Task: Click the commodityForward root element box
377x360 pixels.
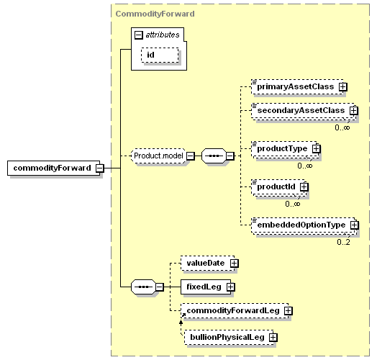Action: click(53, 168)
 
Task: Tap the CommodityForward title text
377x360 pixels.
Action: click(155, 14)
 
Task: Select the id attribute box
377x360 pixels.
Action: click(160, 55)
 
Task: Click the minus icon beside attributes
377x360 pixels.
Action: click(139, 35)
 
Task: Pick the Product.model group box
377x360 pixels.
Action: click(158, 156)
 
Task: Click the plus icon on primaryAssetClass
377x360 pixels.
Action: click(343, 86)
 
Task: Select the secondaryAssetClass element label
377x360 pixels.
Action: click(301, 110)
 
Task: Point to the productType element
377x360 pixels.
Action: click(285, 149)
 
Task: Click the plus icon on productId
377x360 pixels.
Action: click(304, 186)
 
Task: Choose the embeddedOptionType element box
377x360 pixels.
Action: click(304, 226)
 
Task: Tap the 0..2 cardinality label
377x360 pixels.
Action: click(343, 242)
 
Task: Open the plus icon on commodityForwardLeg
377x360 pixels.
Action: click(289, 310)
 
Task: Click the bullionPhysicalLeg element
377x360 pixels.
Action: click(229, 338)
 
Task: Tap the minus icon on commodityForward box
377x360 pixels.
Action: click(100, 168)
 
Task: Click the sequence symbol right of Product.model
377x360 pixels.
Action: click(214, 156)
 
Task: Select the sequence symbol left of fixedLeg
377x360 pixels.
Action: click(144, 287)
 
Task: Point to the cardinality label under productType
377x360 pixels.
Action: click(305, 166)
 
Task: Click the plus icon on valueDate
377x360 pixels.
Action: click(234, 263)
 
